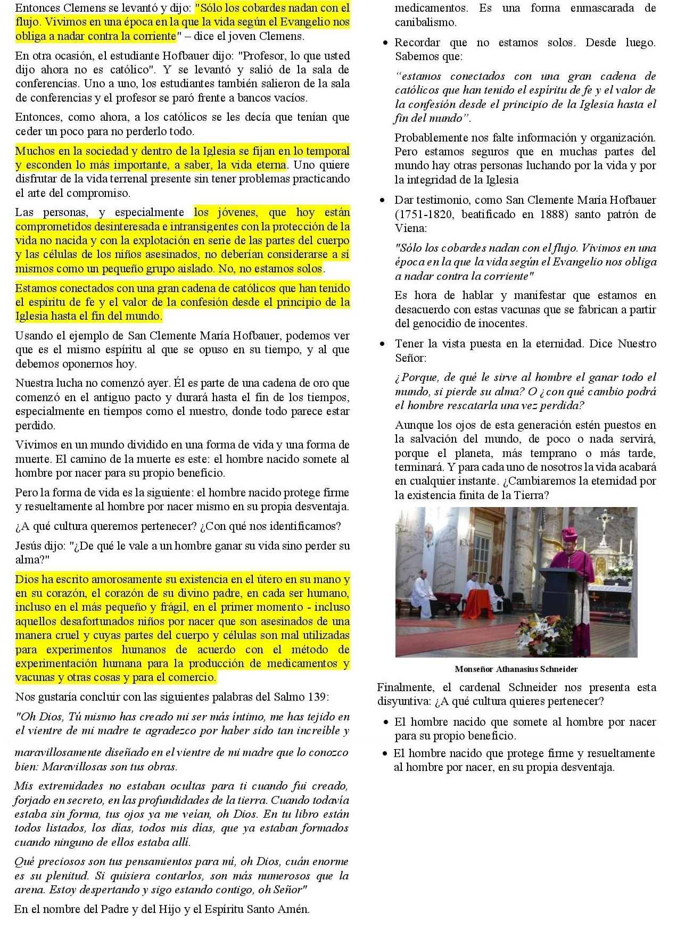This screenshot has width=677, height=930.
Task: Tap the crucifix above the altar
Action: coord(605,521)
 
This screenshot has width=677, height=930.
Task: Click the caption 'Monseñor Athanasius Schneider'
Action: coord(516,669)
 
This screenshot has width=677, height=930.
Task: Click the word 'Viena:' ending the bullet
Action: coord(410,228)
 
